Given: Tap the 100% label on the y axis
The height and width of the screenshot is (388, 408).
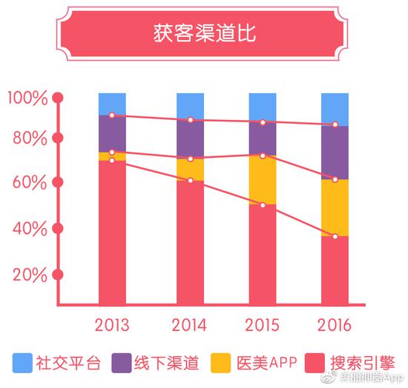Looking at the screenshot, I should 27,97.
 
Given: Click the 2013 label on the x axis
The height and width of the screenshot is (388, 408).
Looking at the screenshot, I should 112,325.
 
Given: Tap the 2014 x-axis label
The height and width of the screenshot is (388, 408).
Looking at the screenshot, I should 189,325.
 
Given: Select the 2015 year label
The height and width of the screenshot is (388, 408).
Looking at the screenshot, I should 263,325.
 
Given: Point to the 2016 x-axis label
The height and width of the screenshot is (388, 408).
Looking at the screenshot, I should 335,325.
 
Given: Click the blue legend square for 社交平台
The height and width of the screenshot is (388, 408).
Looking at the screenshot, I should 23,362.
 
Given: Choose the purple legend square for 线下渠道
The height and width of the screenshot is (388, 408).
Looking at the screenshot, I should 122,362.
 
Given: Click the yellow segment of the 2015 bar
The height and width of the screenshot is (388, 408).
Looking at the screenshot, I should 263,180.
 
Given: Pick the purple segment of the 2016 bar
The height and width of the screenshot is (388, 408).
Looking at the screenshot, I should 335,152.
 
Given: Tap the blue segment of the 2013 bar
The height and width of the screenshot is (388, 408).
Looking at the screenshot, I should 112,104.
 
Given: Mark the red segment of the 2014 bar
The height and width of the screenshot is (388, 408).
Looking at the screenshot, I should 190,241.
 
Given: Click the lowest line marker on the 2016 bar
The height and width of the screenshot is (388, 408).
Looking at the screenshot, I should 335,236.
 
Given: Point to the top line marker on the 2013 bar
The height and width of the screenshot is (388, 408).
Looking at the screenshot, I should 112,116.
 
